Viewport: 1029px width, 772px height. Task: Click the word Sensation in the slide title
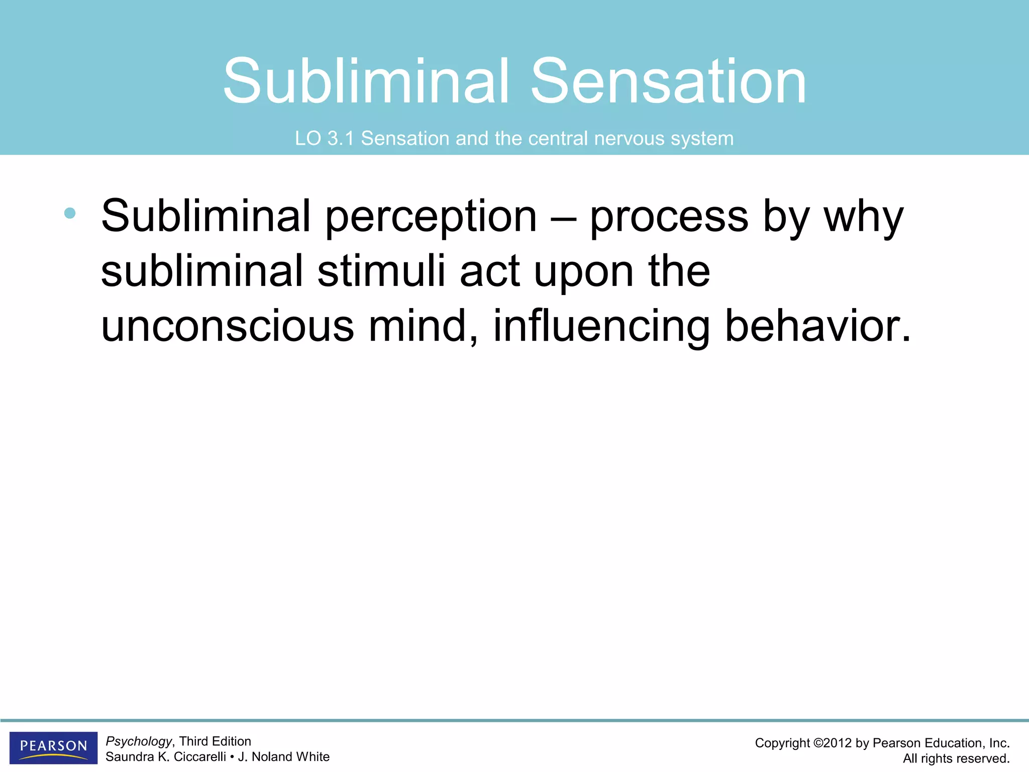(x=668, y=81)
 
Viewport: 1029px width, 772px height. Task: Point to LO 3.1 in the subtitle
(x=324, y=139)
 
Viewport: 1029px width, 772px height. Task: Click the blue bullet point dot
(x=70, y=213)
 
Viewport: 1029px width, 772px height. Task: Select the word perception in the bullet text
(x=431, y=217)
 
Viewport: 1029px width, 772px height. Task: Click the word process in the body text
(x=669, y=217)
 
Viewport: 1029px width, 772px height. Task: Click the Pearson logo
(x=53, y=747)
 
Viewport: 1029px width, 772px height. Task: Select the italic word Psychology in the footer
(x=139, y=742)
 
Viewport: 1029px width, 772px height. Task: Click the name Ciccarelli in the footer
(x=199, y=757)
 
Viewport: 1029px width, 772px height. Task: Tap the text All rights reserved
(x=956, y=758)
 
